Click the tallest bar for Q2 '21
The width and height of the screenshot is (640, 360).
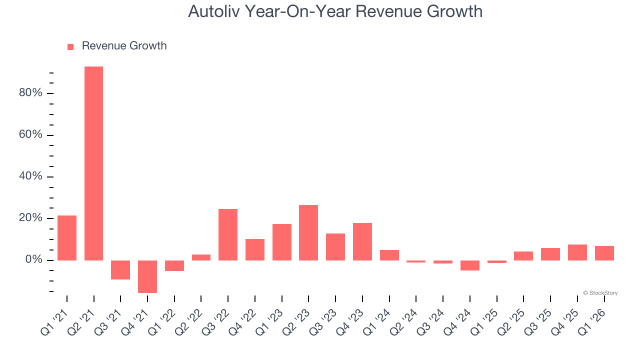point(93,163)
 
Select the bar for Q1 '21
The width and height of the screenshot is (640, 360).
point(67,237)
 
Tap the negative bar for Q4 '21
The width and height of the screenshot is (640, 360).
point(147,276)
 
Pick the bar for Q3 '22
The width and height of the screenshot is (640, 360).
point(228,234)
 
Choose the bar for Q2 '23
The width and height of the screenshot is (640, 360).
point(308,232)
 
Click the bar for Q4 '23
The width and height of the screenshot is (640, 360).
point(362,241)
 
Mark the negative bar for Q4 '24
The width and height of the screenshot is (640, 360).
point(470,265)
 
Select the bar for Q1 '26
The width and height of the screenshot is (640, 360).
point(604,253)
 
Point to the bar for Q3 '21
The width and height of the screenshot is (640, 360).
point(120,270)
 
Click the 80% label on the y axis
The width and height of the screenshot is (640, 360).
point(31,93)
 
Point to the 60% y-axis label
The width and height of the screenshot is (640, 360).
point(31,135)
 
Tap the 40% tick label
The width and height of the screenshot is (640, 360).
point(31,177)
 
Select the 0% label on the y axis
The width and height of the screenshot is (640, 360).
point(34,260)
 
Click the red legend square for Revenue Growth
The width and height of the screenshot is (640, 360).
point(70,46)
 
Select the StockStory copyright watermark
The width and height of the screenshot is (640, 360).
point(600,293)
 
